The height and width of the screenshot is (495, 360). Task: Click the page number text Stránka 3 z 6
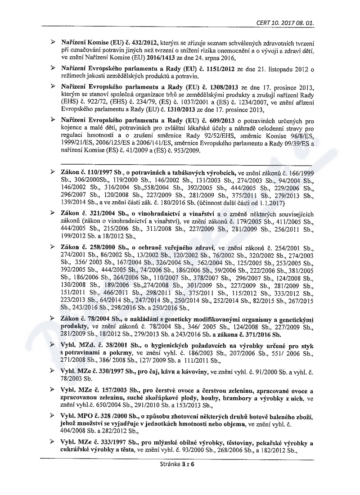click(x=180, y=463)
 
